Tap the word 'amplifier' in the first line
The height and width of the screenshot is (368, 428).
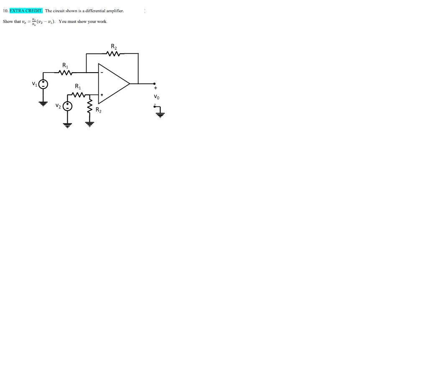(115, 11)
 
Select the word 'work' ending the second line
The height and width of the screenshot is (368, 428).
(102, 21)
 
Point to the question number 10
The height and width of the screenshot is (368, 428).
(5, 11)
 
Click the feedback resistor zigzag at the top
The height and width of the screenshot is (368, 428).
(114, 53)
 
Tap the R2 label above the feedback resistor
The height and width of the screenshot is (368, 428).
(114, 46)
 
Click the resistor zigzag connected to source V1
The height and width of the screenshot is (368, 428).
(66, 73)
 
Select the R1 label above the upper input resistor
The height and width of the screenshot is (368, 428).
(65, 66)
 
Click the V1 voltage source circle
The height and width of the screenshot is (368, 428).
(43, 84)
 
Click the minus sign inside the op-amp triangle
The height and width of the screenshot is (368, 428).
(102, 73)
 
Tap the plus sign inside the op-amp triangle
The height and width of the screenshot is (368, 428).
(102, 95)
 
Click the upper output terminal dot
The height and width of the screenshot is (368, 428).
(155, 83)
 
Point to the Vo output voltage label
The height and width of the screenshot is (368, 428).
(156, 96)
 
